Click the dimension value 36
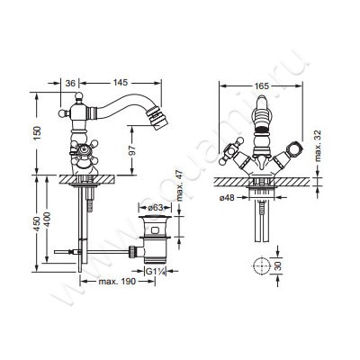coord(70,83)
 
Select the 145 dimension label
coord(121,83)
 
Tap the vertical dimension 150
coord(38,133)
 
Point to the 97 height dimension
coord(134,150)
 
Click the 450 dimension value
coord(37,223)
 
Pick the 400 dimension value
coord(48,220)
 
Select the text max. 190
coord(117,281)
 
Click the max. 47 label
coord(179,185)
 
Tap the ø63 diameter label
coord(155,207)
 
